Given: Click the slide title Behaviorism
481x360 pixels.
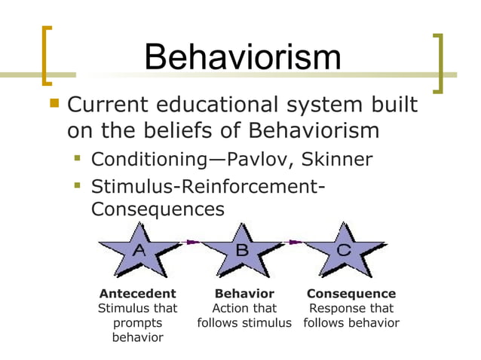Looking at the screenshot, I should (x=242, y=58).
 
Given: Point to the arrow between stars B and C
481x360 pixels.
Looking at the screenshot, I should (x=293, y=242).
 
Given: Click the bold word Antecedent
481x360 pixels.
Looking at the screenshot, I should (x=138, y=293).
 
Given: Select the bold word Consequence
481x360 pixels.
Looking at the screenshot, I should (x=351, y=293).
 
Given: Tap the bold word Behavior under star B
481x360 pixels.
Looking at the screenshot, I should (x=244, y=293).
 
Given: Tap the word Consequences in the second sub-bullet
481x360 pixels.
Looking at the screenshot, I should (x=158, y=209).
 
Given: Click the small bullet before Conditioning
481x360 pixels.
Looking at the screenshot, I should (x=78, y=159).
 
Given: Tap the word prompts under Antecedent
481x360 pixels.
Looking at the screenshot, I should (x=137, y=323).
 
